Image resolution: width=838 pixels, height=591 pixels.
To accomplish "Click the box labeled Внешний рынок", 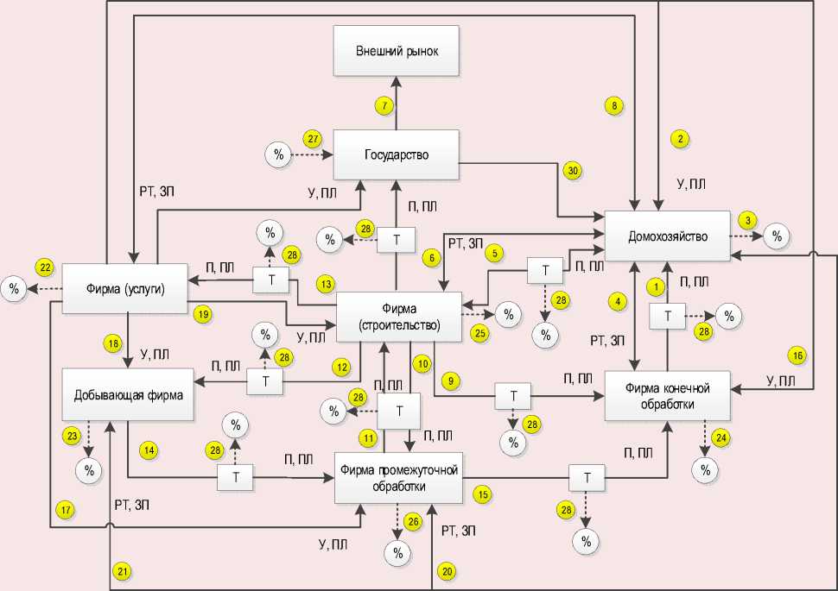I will click(x=397, y=51).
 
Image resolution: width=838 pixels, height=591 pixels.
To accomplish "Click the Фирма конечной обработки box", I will click(x=668, y=396).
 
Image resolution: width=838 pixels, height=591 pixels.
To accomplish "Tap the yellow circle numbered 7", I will click(x=384, y=105).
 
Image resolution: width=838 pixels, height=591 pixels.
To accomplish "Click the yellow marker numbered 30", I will click(x=572, y=170).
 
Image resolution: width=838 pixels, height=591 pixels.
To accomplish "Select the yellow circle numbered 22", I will click(x=44, y=267).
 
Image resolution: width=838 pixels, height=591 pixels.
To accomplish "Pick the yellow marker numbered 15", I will click(x=483, y=494).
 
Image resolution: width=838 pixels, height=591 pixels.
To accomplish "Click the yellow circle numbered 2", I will click(x=681, y=138).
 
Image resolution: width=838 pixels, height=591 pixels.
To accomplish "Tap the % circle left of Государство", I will click(x=278, y=155).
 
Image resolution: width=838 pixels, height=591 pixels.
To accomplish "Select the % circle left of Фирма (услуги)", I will click(x=14, y=288).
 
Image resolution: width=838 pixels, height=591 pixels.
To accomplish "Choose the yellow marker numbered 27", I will click(x=313, y=138).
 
